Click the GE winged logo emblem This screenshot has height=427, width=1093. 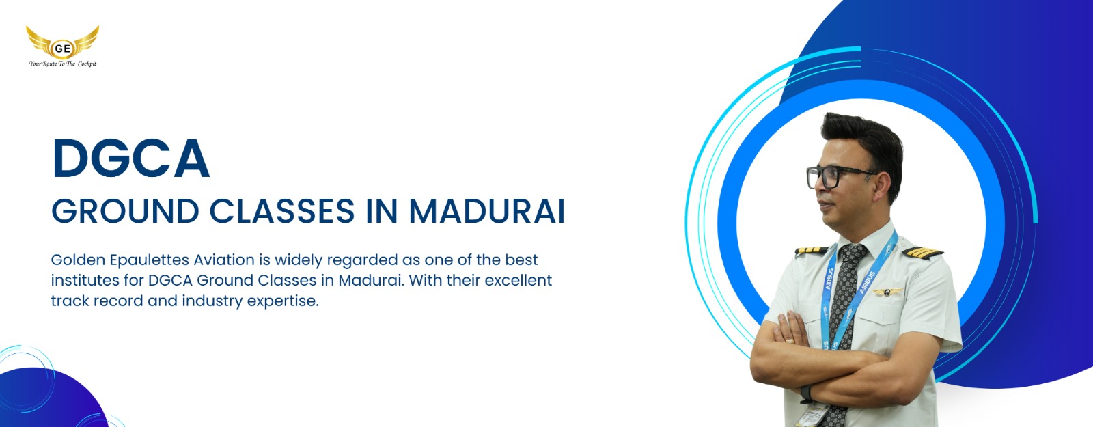pyautogui.click(x=62, y=42)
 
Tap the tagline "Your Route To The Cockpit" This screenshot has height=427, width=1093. pyautogui.click(x=62, y=64)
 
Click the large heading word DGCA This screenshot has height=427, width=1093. pyautogui.click(x=130, y=158)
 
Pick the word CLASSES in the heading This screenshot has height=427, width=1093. pyautogui.click(x=282, y=211)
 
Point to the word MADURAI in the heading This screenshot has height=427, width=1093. pyautogui.click(x=486, y=211)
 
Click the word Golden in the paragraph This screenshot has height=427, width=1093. pyautogui.click(x=78, y=260)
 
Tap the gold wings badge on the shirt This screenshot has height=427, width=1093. pyautogui.click(x=887, y=292)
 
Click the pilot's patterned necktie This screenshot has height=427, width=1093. pyautogui.click(x=844, y=327)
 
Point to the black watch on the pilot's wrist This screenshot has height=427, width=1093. pyautogui.click(x=806, y=394)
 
